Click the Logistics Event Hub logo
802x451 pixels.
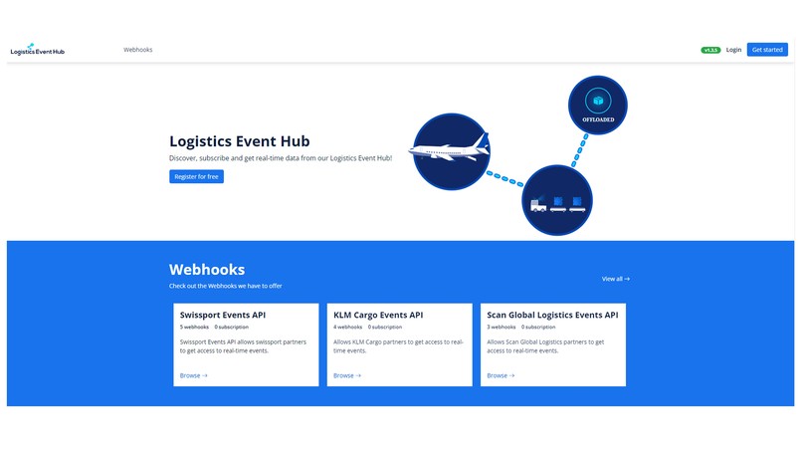37,49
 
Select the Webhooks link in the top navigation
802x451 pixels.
138,50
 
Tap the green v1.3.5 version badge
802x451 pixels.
710,50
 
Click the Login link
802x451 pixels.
733,50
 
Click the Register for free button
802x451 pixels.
196,176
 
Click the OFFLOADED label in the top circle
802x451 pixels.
598,119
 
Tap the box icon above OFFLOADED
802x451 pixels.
598,101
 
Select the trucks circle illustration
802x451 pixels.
557,202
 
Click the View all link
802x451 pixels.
615,279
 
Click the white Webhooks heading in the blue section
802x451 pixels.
207,269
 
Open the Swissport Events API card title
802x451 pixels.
223,315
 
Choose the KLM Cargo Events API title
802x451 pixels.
378,315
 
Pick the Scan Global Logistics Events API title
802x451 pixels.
552,315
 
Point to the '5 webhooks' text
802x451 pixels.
194,327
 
